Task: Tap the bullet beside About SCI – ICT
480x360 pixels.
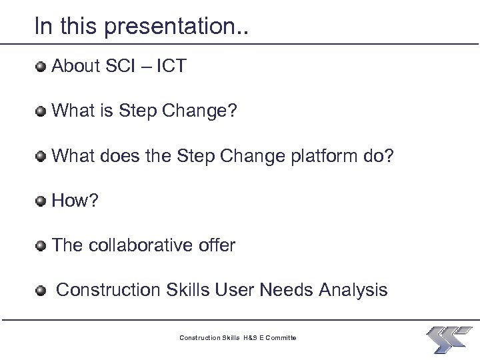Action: point(41,66)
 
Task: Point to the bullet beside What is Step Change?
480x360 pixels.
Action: point(41,111)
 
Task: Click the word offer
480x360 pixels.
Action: point(217,245)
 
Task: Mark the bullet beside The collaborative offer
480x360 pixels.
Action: point(41,246)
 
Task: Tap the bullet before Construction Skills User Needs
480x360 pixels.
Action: point(41,291)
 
